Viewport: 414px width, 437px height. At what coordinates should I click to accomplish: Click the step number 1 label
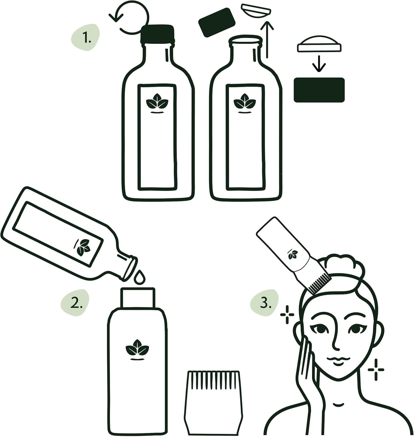tap(87, 38)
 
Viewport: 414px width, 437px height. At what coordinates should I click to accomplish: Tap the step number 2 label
tap(76, 303)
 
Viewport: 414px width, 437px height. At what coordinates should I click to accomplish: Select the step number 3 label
tap(266, 303)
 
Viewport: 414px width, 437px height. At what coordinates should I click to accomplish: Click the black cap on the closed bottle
tap(157, 34)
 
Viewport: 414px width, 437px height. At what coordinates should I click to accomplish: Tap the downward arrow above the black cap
tap(319, 64)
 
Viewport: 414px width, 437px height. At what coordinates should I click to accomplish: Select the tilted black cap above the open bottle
tap(217, 22)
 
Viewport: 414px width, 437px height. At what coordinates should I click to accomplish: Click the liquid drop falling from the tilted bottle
tap(139, 277)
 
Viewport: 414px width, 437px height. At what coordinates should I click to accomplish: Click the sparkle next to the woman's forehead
tap(287, 315)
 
